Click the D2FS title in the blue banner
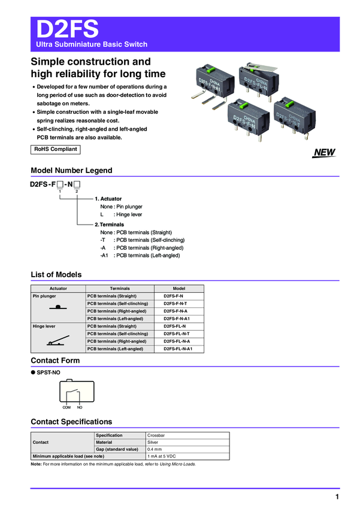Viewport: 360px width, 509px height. (68, 29)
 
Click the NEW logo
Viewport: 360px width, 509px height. (323, 153)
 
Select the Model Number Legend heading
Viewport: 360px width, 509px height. (71, 171)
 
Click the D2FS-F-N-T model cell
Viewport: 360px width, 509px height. (179, 304)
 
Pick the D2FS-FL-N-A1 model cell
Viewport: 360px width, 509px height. (179, 349)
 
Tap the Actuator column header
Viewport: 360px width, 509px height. (58, 289)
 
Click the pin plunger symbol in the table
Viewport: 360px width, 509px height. (58, 307)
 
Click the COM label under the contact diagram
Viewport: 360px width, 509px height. (67, 407)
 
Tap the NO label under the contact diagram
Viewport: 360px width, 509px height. (80, 407)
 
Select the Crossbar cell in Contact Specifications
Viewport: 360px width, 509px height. (156, 435)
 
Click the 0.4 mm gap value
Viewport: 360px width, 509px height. (156, 449)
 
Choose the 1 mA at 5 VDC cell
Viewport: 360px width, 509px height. (163, 456)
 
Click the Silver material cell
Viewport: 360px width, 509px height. (153, 443)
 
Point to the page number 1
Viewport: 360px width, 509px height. (337, 498)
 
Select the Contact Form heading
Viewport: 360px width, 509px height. (55, 360)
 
